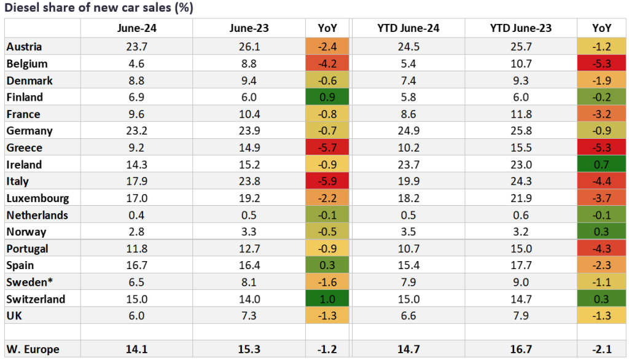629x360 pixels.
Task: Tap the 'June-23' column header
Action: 249,28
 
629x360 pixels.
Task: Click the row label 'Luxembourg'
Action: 37,198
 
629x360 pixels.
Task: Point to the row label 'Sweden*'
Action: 27,283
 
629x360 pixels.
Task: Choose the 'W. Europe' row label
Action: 33,350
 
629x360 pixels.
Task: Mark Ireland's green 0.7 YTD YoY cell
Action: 601,165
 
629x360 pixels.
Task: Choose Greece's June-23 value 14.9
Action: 249,148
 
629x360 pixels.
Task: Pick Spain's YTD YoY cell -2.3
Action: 601,266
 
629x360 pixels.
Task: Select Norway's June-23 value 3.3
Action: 249,232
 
